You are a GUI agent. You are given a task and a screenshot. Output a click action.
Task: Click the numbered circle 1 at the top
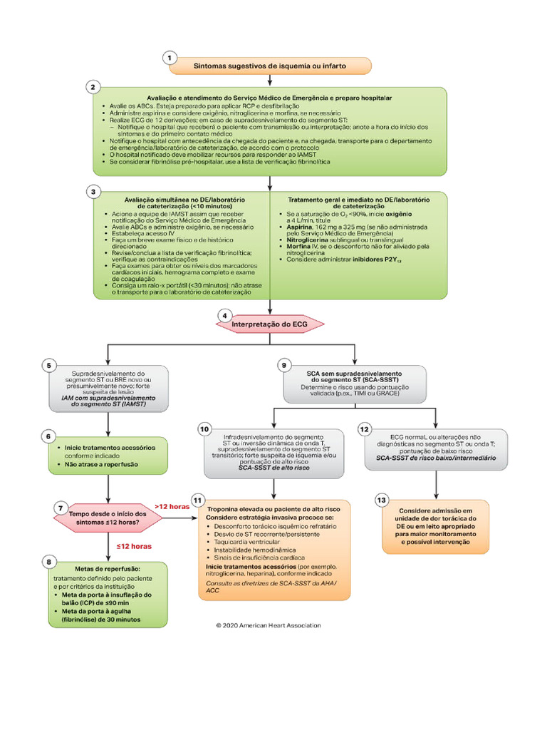pyautogui.click(x=170, y=57)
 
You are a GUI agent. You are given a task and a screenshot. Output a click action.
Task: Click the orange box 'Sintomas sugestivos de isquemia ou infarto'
pyautogui.click(x=271, y=66)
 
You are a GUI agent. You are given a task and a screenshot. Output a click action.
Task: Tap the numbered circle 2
pyautogui.click(x=93, y=87)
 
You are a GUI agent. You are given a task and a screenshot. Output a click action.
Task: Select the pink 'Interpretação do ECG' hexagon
pyautogui.click(x=270, y=324)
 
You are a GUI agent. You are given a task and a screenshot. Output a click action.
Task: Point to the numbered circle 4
pyautogui.click(x=225, y=315)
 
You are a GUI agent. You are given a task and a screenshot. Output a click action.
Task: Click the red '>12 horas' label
pyautogui.click(x=172, y=506)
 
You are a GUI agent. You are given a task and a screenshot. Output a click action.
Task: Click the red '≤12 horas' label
pyautogui.click(x=135, y=547)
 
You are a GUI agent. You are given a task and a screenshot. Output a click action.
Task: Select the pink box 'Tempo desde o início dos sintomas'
pyautogui.click(x=108, y=518)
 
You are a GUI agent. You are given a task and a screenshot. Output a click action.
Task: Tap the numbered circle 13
pyautogui.click(x=382, y=500)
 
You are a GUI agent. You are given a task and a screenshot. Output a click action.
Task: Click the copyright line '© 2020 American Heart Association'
pyautogui.click(x=269, y=625)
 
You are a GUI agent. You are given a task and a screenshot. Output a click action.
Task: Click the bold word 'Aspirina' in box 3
pyautogui.click(x=299, y=225)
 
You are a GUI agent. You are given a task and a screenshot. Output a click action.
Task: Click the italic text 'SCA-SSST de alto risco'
pyautogui.click(x=273, y=469)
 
